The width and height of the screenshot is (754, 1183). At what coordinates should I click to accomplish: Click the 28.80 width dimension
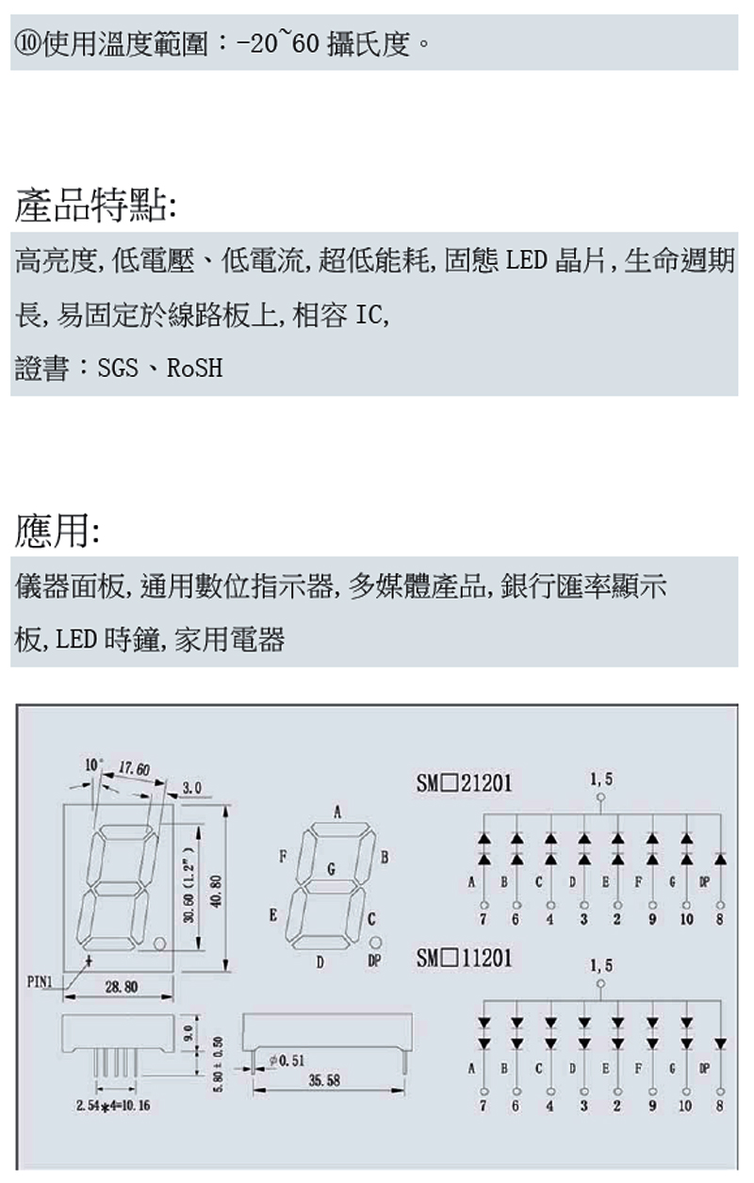(x=122, y=987)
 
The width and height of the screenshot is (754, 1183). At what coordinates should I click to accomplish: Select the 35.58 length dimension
(x=324, y=1080)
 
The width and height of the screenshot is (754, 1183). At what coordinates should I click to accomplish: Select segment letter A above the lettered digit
(x=336, y=812)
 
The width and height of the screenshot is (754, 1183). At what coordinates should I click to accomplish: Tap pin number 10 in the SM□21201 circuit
(x=685, y=919)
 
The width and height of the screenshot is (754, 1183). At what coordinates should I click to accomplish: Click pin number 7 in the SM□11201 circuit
(x=483, y=1105)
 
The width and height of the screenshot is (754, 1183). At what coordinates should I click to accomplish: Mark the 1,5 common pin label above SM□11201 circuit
(x=600, y=965)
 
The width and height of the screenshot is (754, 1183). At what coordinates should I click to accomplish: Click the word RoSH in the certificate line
(x=195, y=369)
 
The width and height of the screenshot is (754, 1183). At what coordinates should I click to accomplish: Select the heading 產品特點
(x=91, y=205)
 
